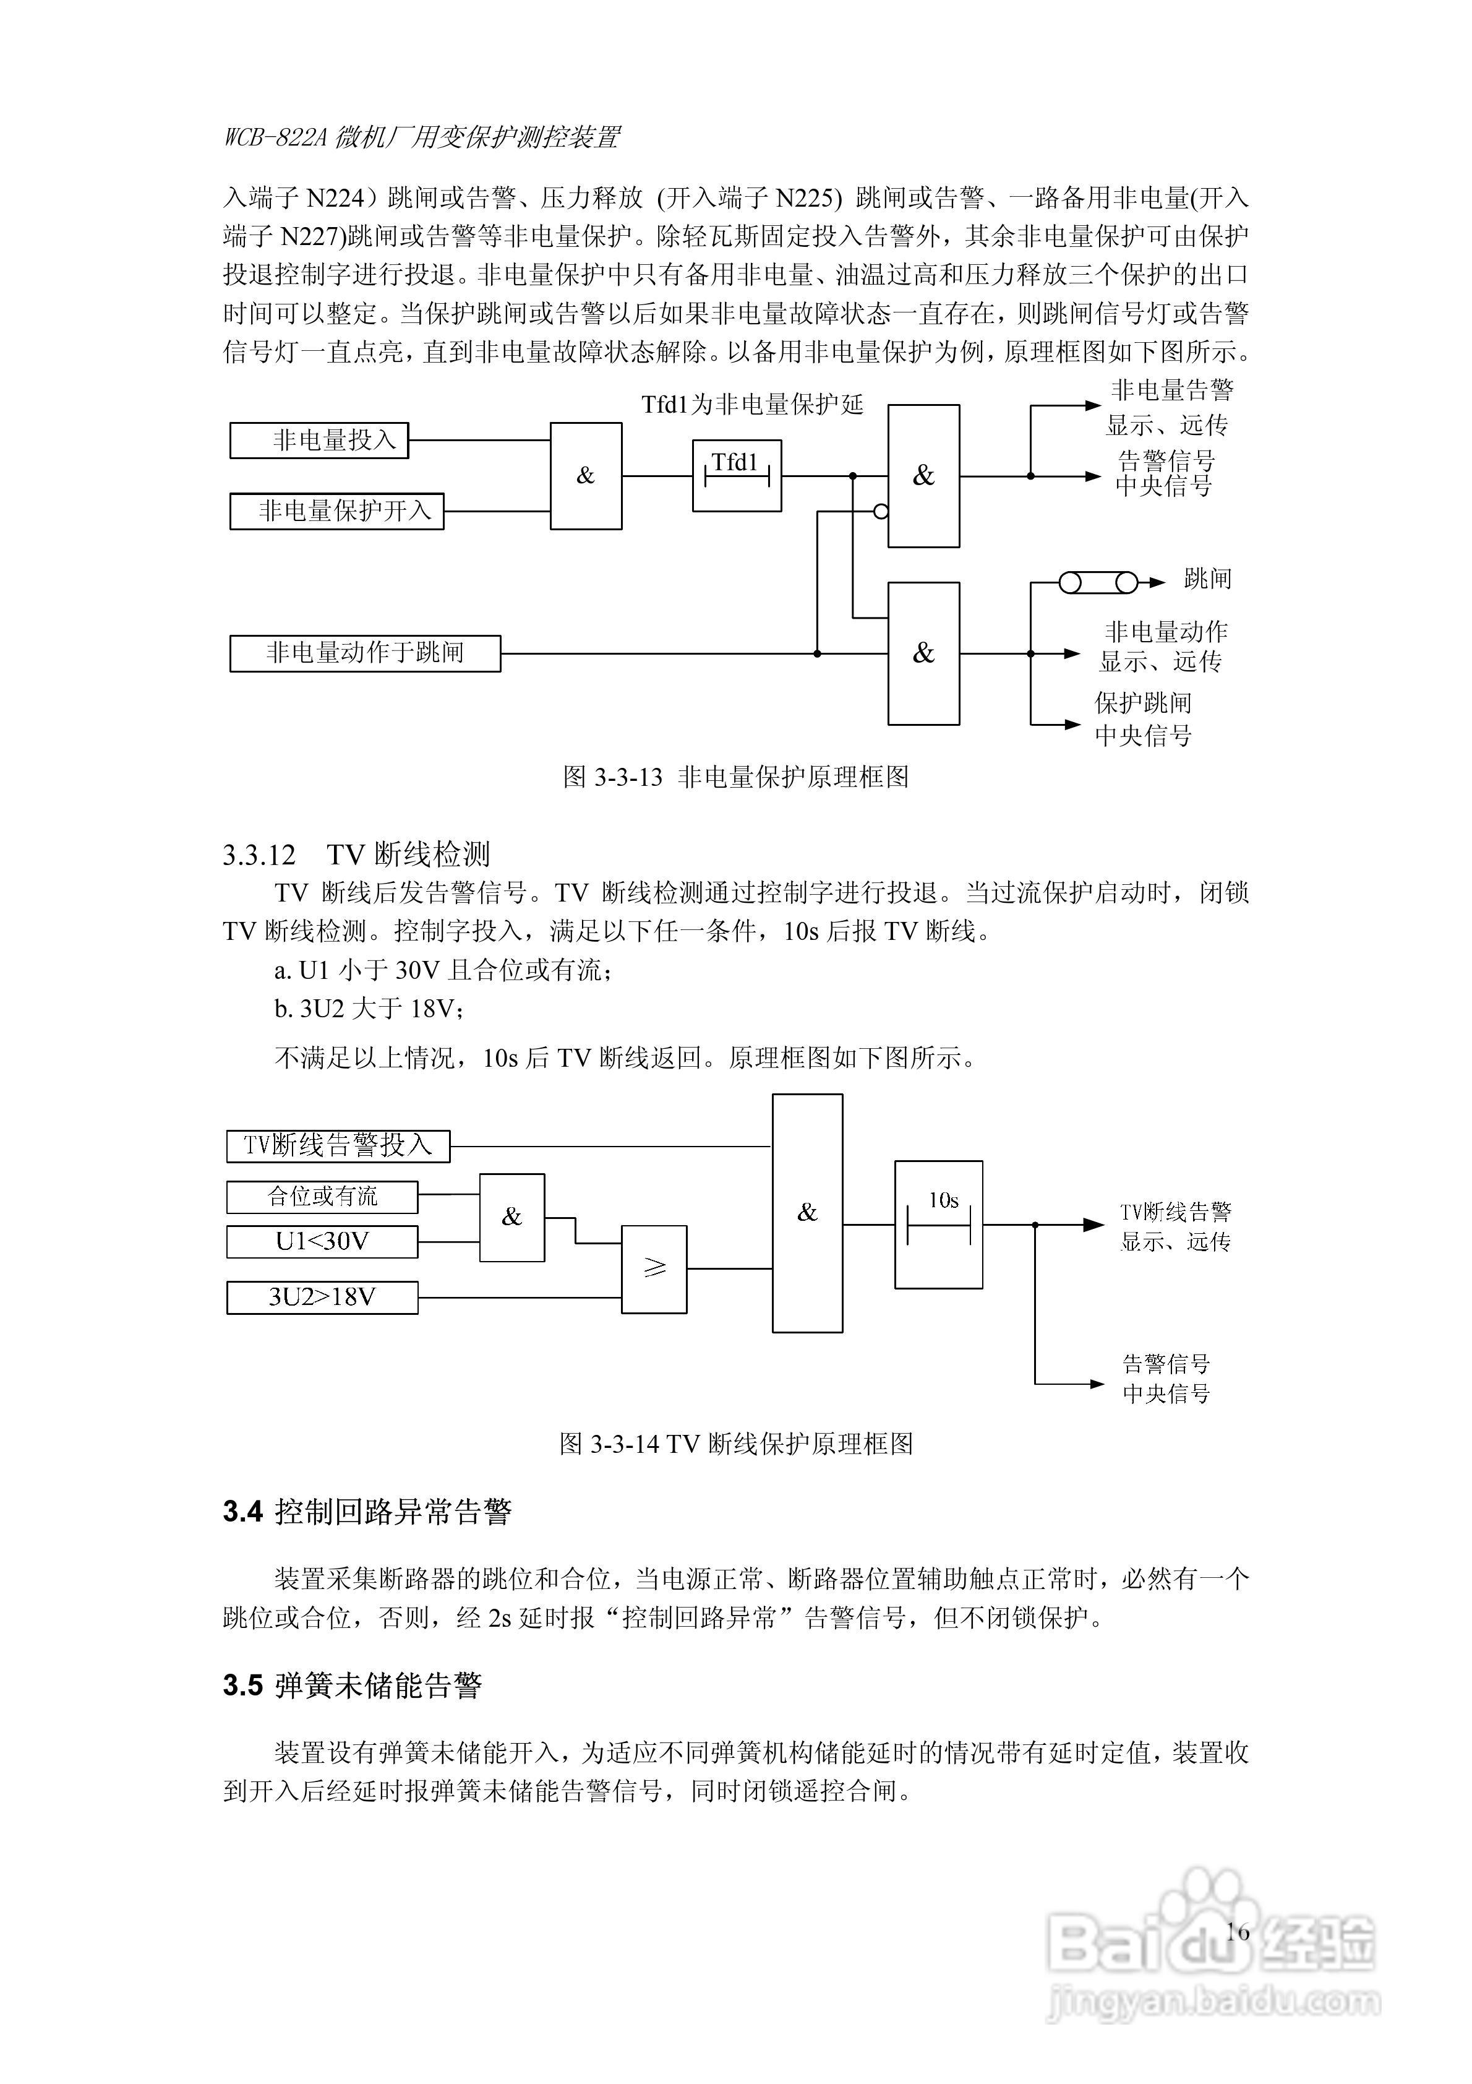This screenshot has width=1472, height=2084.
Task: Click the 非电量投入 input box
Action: point(319,440)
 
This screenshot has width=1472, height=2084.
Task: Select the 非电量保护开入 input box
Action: point(336,511)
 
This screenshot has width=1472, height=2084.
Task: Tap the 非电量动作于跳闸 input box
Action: point(365,653)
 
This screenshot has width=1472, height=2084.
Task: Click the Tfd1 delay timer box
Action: point(737,476)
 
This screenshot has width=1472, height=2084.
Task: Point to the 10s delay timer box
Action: point(938,1225)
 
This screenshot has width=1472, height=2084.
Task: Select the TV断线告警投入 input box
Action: point(338,1145)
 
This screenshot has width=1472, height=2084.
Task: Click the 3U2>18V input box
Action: point(322,1297)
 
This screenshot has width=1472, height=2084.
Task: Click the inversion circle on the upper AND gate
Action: point(880,512)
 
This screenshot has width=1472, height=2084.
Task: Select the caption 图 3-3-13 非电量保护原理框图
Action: point(736,777)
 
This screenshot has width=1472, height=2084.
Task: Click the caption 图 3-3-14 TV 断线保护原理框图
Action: point(736,1444)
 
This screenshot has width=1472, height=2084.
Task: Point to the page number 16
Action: point(1238,1932)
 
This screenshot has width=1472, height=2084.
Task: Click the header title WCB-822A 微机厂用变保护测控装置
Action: point(422,138)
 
